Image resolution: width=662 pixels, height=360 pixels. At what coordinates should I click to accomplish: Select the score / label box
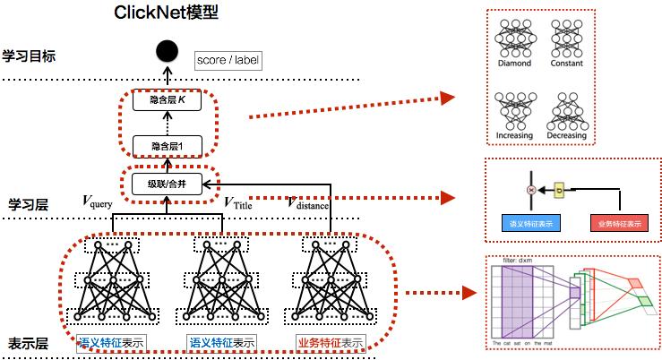point(227,60)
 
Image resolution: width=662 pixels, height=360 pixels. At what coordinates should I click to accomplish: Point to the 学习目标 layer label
point(29,56)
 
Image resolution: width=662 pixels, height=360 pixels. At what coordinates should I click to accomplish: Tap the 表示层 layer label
point(27,343)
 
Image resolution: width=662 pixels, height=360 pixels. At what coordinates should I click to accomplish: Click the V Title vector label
point(241,202)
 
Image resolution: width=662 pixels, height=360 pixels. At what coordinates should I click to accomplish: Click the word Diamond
point(514,64)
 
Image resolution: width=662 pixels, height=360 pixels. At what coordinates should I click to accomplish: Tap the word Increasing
point(514,136)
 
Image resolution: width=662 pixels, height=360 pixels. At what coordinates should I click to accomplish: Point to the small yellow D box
point(560,191)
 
